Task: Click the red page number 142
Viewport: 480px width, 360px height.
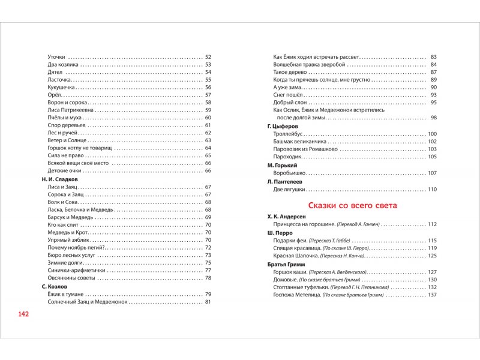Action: point(24,314)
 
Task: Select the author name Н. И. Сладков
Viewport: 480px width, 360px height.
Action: point(60,179)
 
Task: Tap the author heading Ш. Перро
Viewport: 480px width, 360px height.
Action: point(279,232)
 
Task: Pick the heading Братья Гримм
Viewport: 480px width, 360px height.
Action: point(286,264)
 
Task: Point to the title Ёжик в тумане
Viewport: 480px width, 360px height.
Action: point(65,294)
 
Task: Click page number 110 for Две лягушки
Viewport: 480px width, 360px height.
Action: point(431,190)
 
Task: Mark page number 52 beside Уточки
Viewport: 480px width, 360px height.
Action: point(208,56)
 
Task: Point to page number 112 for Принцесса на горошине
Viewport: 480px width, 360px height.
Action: point(431,224)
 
